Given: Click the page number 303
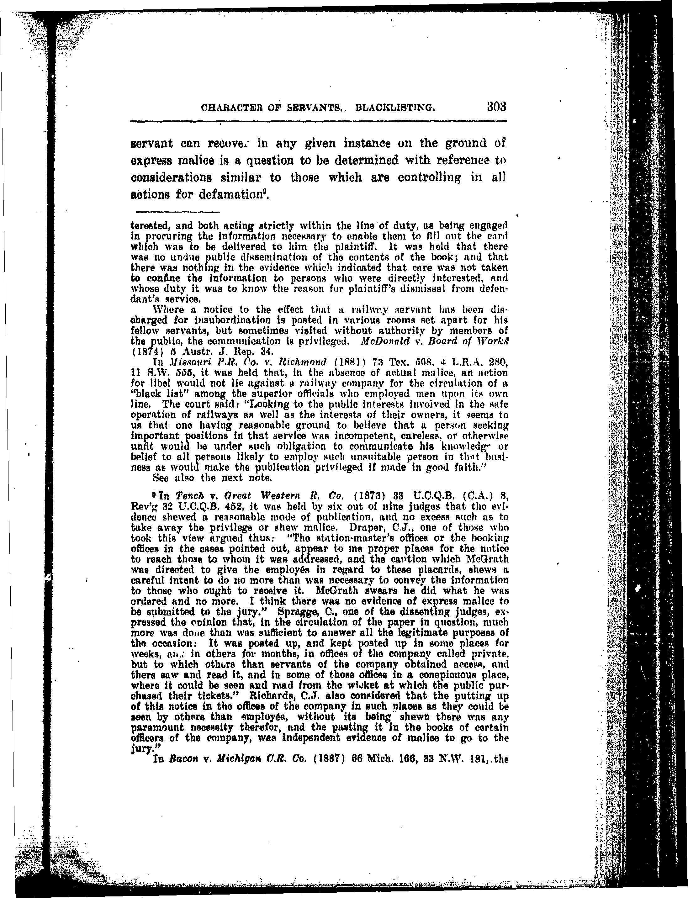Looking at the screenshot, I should [497, 107].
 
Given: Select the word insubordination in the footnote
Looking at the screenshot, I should [218, 320].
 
